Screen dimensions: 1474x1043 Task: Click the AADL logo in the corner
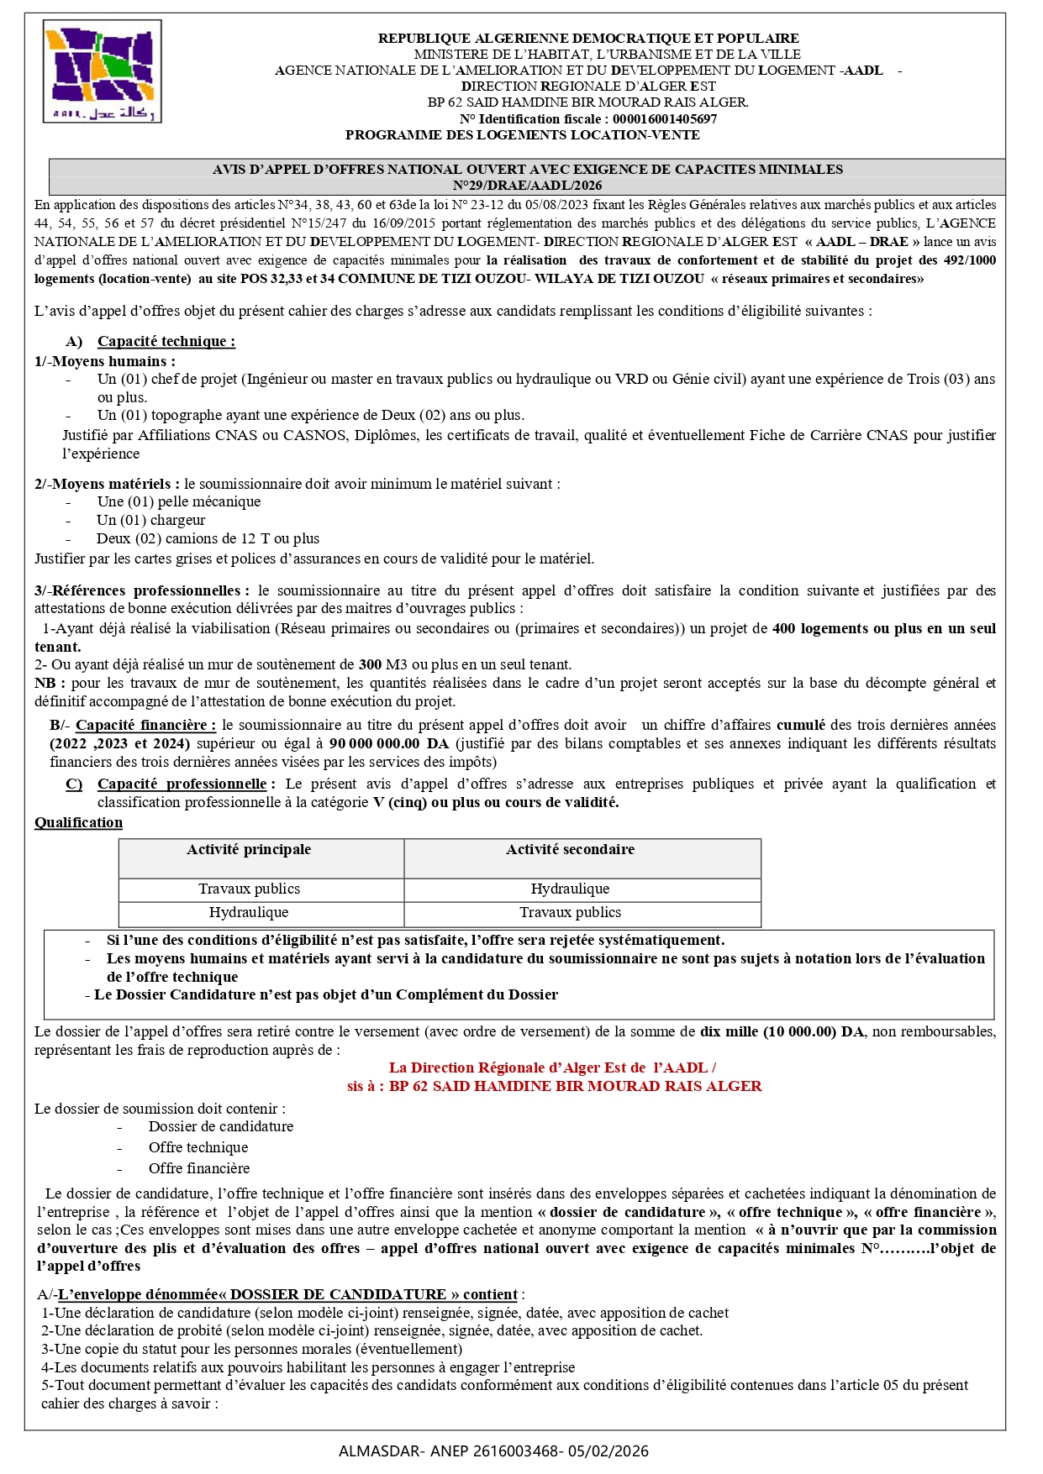pos(102,72)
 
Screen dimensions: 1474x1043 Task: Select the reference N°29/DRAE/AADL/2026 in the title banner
pos(527,186)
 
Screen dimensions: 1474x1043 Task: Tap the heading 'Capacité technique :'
pos(166,341)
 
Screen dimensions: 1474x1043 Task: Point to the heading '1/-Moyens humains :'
pos(105,361)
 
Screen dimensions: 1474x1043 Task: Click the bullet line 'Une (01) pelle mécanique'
pos(178,501)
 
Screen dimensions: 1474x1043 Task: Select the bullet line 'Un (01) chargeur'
pos(150,520)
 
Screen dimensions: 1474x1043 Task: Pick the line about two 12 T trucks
pos(208,538)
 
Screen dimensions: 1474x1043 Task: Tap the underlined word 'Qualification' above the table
pos(78,822)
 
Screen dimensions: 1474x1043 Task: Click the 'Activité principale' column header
pos(249,850)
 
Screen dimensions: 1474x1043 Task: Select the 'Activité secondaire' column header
pos(570,850)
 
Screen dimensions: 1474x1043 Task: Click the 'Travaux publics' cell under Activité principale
pos(249,889)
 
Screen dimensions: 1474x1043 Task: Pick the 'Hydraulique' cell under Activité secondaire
pos(570,889)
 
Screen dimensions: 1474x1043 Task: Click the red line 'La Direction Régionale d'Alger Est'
pos(552,1067)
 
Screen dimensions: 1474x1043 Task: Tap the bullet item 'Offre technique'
pos(198,1147)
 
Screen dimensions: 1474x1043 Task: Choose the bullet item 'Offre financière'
pos(199,1168)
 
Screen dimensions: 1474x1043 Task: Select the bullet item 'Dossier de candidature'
pos(221,1126)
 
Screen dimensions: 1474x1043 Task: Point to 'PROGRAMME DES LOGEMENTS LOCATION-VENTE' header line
pos(522,135)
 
